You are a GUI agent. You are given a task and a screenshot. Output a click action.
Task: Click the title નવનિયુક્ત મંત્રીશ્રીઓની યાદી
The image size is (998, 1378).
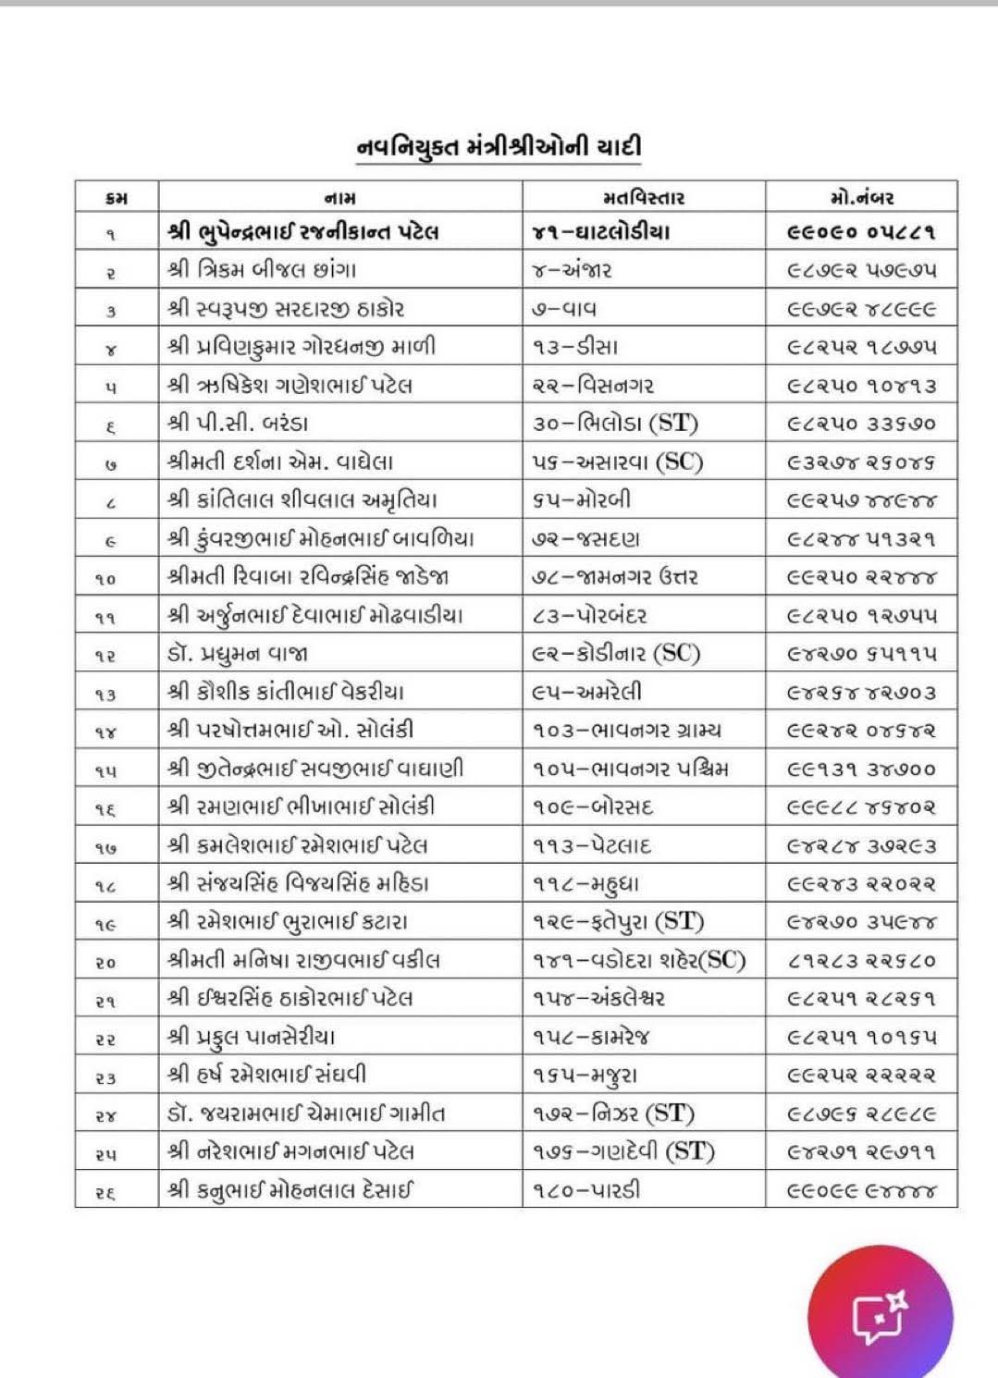pos(499,148)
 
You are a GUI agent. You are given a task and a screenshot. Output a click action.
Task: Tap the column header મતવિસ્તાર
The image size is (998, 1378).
pos(643,197)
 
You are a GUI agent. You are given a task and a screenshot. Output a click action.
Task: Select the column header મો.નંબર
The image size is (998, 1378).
pos(861,197)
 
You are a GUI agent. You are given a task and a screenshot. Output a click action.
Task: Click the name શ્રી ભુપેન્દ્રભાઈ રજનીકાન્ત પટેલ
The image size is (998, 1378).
pos(303,232)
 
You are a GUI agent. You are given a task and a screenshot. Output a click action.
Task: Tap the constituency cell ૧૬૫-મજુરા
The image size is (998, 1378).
pos(585,1075)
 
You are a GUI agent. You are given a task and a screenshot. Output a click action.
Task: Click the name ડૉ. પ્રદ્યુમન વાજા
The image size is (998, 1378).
pos(238,654)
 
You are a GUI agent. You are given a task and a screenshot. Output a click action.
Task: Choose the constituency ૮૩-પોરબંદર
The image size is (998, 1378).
pos(590,616)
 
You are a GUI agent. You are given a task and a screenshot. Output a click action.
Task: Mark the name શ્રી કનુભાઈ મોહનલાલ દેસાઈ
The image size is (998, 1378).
pos(290,1189)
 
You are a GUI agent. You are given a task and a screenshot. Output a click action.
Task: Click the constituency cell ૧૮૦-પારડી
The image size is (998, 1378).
pos(586,1189)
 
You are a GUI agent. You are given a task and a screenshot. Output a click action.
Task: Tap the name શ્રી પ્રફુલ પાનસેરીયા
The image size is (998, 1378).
pos(252,1037)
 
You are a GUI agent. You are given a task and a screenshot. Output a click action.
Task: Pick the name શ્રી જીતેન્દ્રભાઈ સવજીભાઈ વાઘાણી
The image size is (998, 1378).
pos(315,769)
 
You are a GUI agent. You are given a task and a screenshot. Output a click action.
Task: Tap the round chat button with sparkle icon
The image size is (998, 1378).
pos(880,1319)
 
